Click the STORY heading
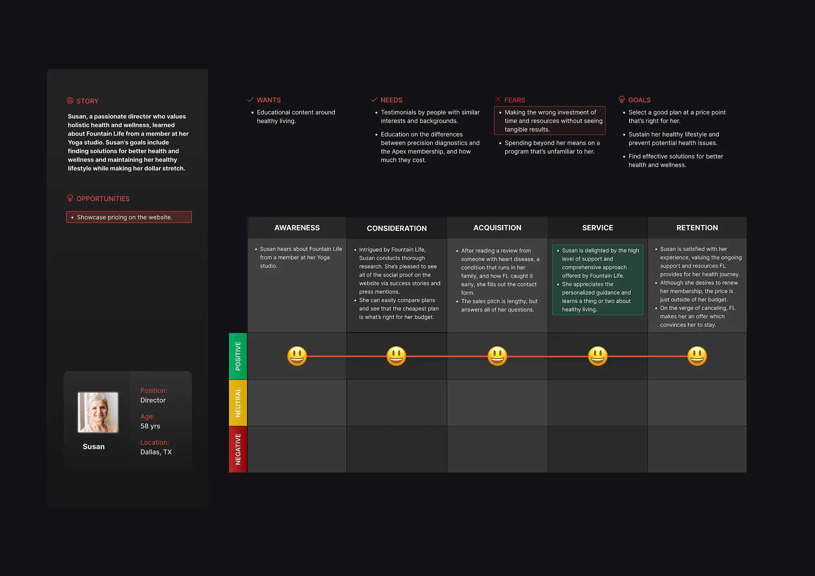(87, 101)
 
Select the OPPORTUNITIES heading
(103, 199)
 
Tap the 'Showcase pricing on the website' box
(129, 217)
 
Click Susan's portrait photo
(98, 412)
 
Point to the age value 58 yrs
(150, 426)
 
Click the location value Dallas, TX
(156, 452)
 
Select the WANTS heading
(269, 100)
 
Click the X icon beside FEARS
(498, 99)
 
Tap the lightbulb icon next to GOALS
(621, 99)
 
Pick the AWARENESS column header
(297, 228)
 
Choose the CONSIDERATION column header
(396, 229)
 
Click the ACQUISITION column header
(497, 228)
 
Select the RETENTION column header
(697, 228)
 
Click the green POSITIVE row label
(238, 356)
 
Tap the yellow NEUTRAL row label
(238, 403)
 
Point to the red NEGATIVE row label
(238, 449)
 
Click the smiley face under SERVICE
(597, 356)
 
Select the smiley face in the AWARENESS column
(297, 356)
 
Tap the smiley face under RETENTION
(697, 356)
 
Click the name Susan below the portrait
(94, 447)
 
